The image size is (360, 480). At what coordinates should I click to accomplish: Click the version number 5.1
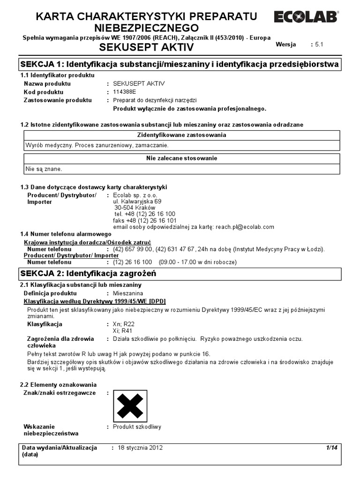tap(319, 45)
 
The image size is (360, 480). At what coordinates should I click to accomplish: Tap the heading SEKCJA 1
tap(178, 64)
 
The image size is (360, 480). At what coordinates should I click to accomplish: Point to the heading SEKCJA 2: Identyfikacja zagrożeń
tap(87, 273)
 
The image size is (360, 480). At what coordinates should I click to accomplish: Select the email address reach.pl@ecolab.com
tap(244, 227)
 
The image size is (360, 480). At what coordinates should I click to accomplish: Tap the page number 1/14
tap(331, 448)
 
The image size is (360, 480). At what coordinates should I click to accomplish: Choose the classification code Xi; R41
tap(123, 330)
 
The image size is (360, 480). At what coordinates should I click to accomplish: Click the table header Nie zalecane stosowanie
tap(181, 158)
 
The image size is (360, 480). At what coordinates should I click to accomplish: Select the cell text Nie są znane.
tap(43, 168)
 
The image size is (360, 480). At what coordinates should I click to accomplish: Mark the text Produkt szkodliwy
tap(137, 427)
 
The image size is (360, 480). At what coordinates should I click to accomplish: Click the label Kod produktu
tap(44, 92)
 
